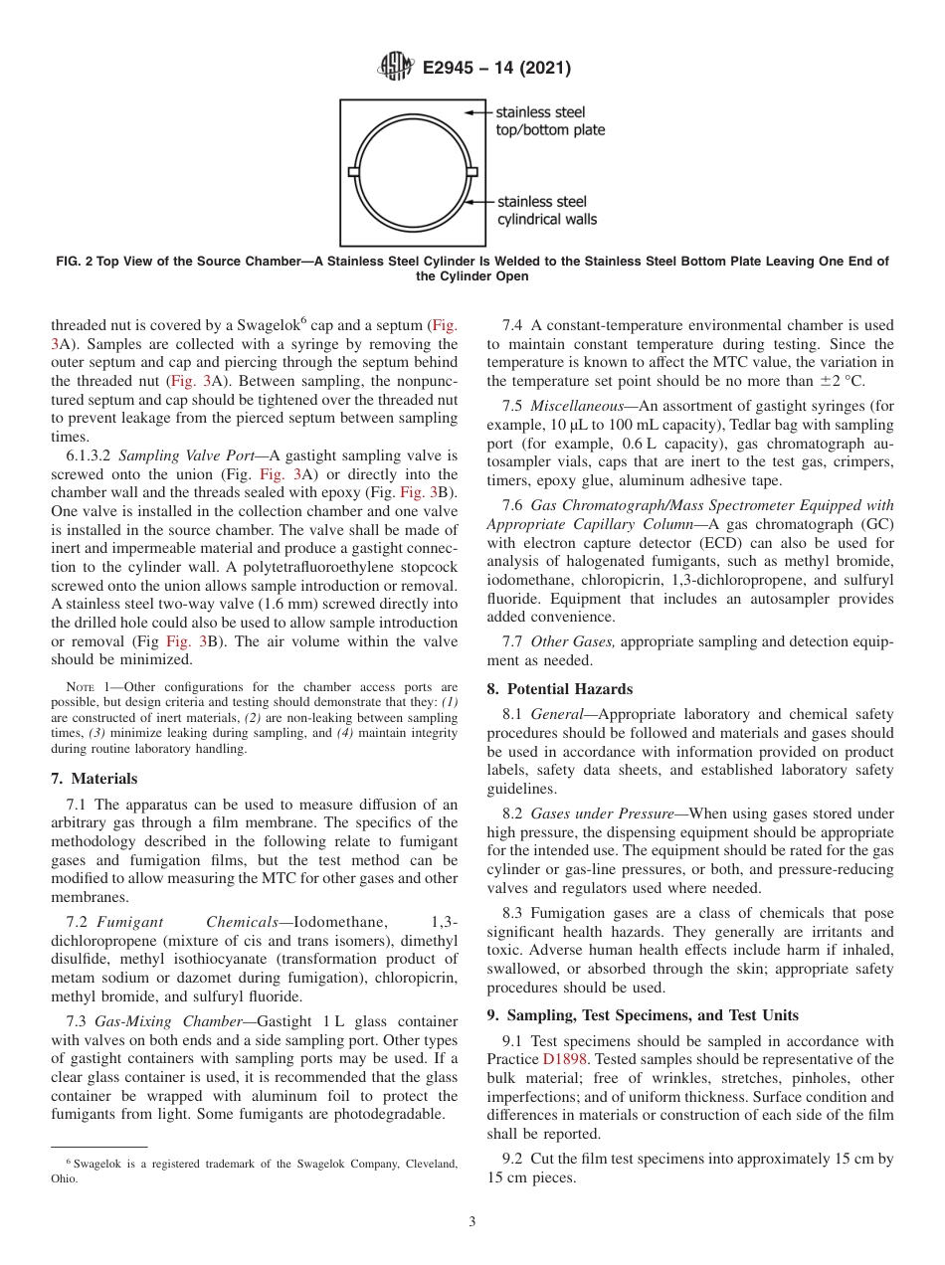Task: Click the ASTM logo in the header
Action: (395, 68)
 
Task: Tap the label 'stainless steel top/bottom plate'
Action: (549, 121)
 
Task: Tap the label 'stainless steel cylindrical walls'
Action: (547, 210)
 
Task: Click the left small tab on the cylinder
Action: (353, 172)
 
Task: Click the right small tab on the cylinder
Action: (472, 172)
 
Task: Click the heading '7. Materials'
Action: (94, 779)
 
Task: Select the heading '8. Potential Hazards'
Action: (559, 688)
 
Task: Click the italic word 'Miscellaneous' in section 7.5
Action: (577, 407)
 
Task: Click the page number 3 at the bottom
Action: (472, 1222)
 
